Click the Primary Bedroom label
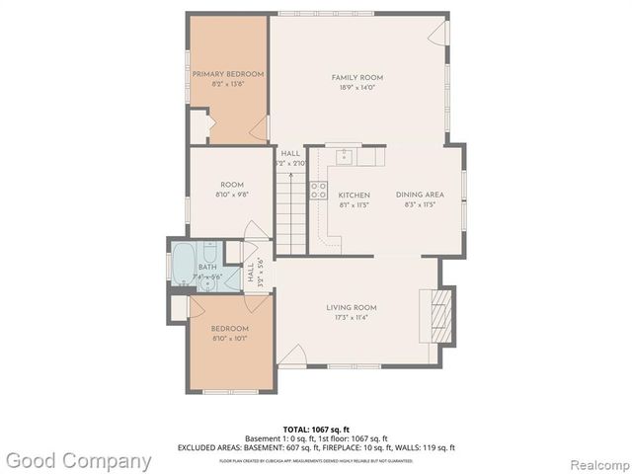point(228,74)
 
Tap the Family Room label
point(357,77)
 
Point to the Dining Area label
point(420,196)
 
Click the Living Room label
point(352,308)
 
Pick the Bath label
point(207,267)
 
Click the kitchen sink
point(345,156)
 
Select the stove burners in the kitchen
point(319,190)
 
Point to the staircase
point(289,210)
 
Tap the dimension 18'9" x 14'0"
point(357,89)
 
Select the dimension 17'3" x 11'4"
point(352,319)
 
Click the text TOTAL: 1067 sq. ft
point(316,429)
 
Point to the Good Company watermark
point(79,460)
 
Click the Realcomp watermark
point(596,461)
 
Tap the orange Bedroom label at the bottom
point(228,328)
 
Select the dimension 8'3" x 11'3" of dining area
point(420,206)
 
